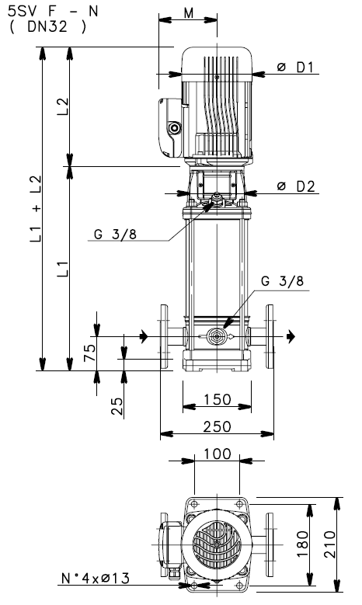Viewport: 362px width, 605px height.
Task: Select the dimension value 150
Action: (211, 399)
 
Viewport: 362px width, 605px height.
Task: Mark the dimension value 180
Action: (303, 541)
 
